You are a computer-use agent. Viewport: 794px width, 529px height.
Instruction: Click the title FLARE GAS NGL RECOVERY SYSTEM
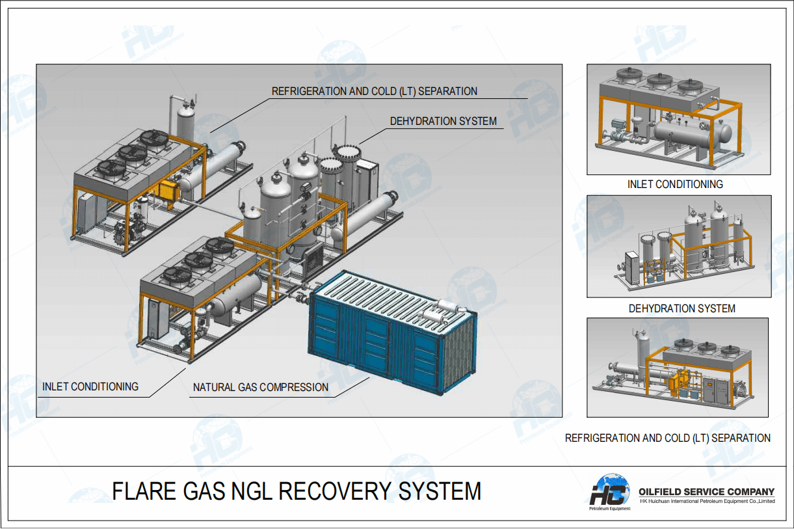297,491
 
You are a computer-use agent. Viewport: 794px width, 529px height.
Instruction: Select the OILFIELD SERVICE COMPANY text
707,492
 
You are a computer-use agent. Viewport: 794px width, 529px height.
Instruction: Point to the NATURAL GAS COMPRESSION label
260,387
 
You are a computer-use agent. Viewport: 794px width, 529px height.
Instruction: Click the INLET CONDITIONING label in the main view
90,387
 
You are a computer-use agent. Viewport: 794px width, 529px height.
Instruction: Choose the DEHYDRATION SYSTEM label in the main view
443,121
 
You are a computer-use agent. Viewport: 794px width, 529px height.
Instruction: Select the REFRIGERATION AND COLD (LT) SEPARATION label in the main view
374,91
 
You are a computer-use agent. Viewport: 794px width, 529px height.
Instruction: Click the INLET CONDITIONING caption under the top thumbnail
674,184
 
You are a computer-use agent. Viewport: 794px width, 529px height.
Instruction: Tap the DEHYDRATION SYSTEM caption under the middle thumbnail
682,308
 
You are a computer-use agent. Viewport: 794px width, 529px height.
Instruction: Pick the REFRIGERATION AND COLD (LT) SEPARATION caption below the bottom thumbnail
667,438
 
